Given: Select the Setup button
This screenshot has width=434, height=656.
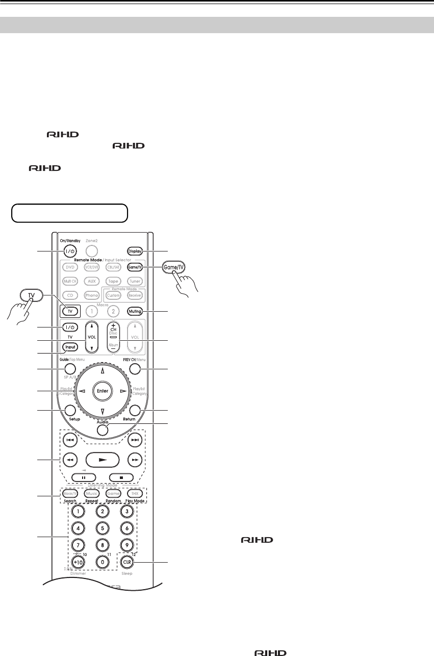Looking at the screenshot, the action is click(70, 410).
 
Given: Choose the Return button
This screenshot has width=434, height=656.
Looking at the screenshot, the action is click(135, 410).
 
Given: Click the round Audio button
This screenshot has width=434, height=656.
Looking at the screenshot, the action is click(103, 430).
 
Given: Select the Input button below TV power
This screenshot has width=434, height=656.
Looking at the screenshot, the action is click(70, 347).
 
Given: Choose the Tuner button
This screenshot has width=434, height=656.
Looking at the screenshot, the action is click(135, 281).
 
